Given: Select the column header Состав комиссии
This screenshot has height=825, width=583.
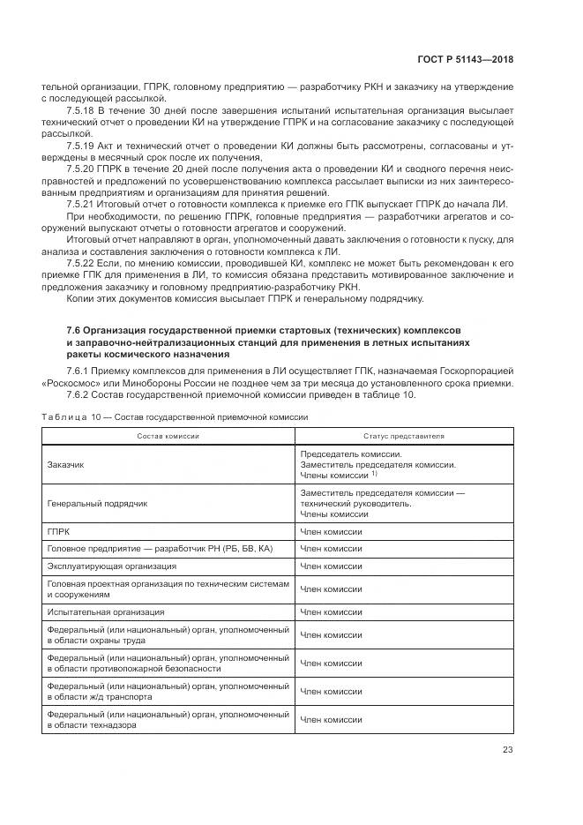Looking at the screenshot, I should tap(168, 436).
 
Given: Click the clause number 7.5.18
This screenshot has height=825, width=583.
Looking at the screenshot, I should tap(82, 110).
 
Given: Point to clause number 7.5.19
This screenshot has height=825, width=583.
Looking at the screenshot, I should tap(82, 144).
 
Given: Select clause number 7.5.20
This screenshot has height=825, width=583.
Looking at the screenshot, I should tap(82, 168).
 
